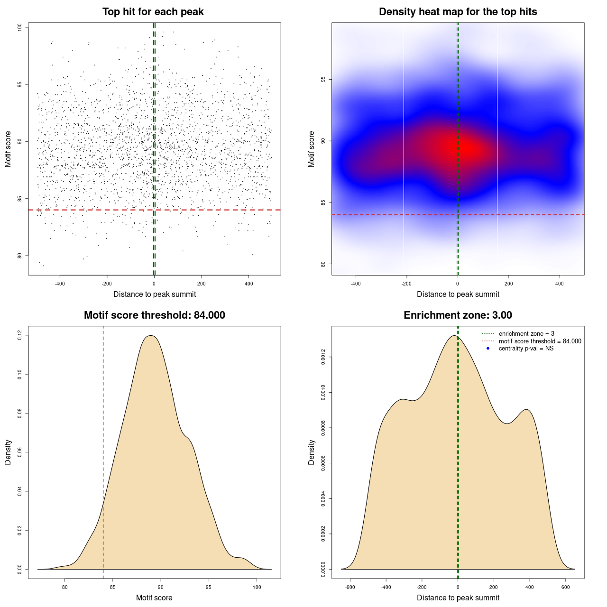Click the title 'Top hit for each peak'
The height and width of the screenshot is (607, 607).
(153, 12)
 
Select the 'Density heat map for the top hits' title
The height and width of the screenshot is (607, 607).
(458, 12)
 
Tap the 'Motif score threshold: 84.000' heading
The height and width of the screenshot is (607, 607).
(154, 315)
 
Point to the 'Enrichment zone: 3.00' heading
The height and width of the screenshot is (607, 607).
(458, 315)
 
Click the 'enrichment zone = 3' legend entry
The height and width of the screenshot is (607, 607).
(526, 334)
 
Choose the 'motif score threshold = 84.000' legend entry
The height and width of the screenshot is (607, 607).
(540, 341)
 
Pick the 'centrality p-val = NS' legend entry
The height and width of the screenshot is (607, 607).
(526, 349)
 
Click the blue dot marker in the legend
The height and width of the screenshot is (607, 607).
(488, 349)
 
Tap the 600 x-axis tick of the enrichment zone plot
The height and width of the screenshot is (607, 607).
(566, 587)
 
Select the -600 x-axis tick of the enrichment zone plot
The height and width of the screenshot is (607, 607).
(350, 587)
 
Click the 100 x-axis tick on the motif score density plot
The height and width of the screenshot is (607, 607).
(257, 587)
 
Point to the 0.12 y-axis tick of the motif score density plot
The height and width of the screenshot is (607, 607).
(20, 336)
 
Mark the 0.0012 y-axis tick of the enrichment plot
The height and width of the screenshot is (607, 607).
(323, 357)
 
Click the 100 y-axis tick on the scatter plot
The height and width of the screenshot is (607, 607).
(20, 28)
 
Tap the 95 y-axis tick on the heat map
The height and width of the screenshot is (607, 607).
(323, 79)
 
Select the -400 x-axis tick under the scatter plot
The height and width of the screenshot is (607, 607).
(60, 284)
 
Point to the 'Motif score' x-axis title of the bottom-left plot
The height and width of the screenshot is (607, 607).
(154, 598)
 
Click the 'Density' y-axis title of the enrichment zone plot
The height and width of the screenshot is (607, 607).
(312, 452)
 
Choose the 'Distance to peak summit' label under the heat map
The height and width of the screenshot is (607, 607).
(458, 294)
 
